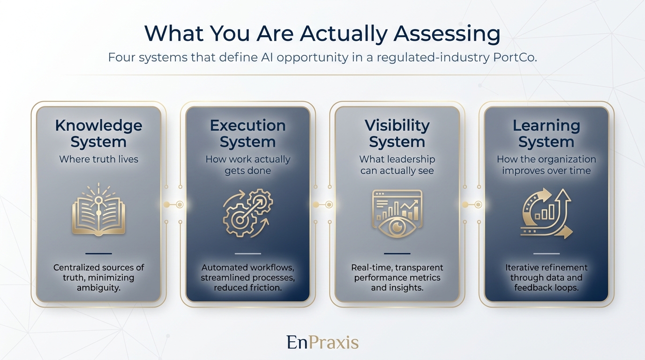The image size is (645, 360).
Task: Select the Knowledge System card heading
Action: tap(98, 134)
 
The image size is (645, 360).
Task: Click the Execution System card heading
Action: tap(247, 134)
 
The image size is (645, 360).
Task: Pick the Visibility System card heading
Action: tap(397, 134)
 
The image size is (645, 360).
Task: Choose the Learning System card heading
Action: tap(546, 134)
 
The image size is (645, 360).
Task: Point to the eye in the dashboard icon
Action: tap(397, 227)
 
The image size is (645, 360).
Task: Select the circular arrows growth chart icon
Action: tap(546, 214)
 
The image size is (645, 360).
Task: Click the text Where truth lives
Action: tap(98, 159)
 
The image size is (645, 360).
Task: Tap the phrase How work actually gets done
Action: tap(247, 165)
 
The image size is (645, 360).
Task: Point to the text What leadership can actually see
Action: tap(397, 165)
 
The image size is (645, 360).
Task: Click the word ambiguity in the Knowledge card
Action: tap(98, 288)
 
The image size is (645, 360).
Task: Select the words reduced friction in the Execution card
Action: tap(247, 288)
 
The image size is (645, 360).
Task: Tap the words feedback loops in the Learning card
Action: tap(546, 288)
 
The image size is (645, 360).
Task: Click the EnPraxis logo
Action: tap(322, 342)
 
